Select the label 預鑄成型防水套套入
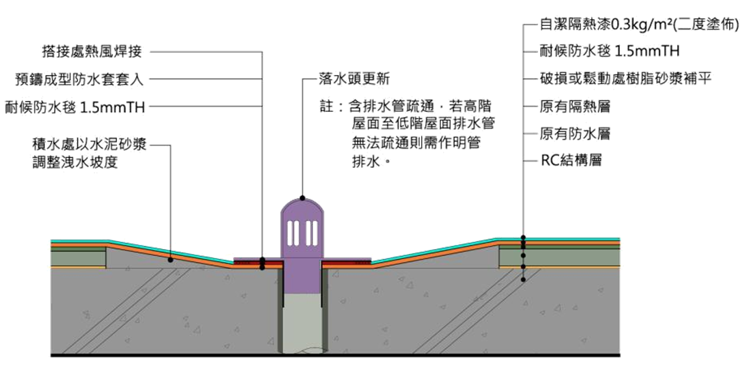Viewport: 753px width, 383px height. coord(79,79)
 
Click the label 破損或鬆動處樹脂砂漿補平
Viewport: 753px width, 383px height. coord(626,79)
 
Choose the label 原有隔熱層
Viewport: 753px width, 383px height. coord(565,107)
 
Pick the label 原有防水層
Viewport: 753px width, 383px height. coord(565,134)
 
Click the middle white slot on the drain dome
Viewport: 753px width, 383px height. coord(301,232)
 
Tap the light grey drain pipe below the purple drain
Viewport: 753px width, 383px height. coord(301,321)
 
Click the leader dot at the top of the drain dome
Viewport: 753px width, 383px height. coord(301,197)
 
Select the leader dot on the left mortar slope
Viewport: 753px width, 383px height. coord(170,260)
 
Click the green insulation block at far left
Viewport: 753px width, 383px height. coord(78,257)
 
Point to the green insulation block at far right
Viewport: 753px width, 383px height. coord(560,257)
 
